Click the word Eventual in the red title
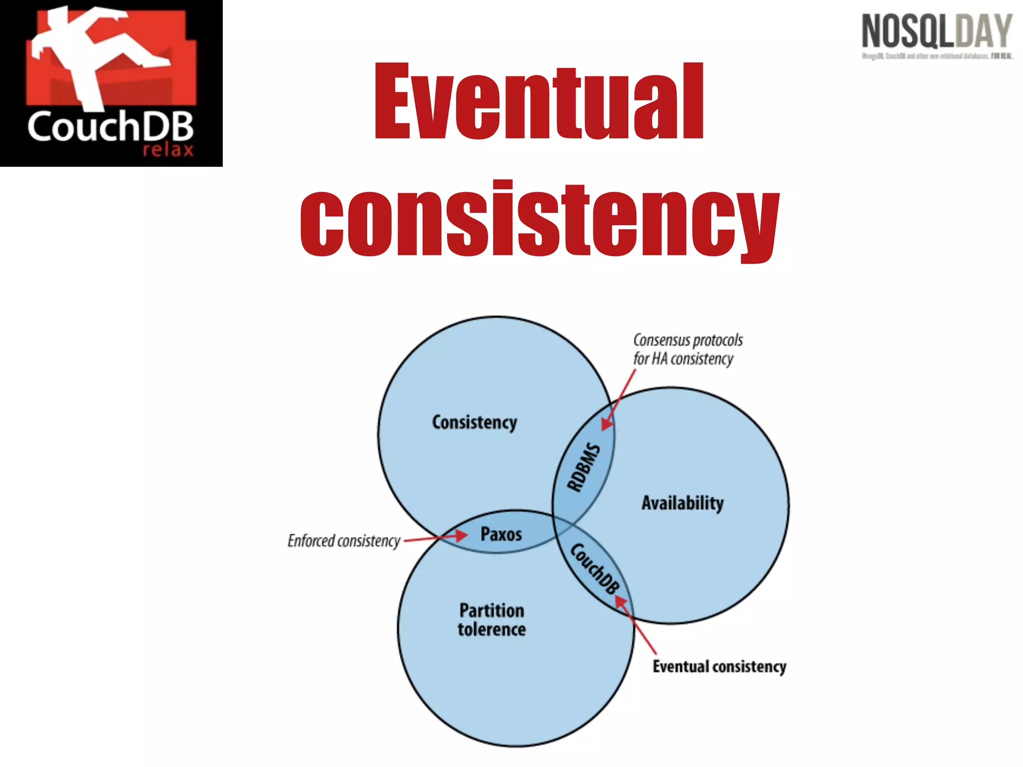pos(538,102)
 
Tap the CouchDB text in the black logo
pos(110,127)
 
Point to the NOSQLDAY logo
pos(937,31)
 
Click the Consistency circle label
pos(475,422)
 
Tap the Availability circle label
pos(682,503)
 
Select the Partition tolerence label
pos(492,620)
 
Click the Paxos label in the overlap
pos(501,534)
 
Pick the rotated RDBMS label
pos(583,467)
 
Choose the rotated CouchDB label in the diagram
pos(595,568)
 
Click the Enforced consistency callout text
pos(344,541)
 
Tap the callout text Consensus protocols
pos(688,341)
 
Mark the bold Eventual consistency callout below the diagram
pos(719,667)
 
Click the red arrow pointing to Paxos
pos(436,538)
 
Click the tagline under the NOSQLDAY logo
pos(937,56)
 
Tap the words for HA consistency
pos(683,359)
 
